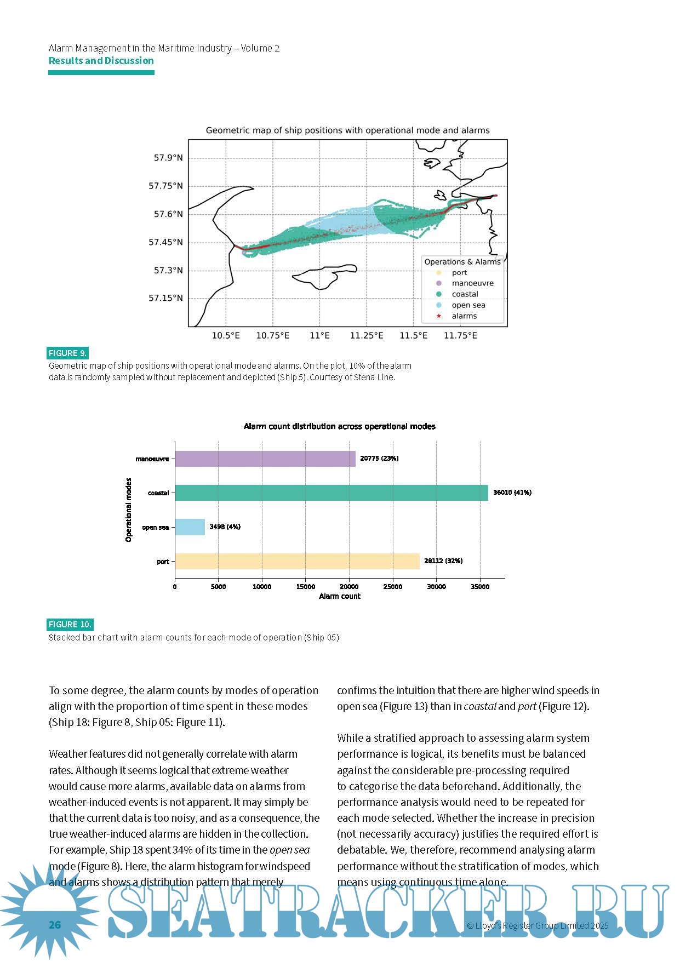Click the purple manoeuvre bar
pyautogui.click(x=265, y=459)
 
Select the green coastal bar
pyautogui.click(x=332, y=493)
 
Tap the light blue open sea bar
pyautogui.click(x=190, y=527)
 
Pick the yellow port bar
pyautogui.click(x=297, y=561)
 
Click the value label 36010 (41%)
pyautogui.click(x=512, y=493)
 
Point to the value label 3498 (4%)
pyautogui.click(x=225, y=527)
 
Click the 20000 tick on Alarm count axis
pyautogui.click(x=349, y=587)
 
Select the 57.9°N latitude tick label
pyautogui.click(x=168, y=158)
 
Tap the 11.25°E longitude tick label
pyautogui.click(x=366, y=335)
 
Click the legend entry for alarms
pyautogui.click(x=464, y=316)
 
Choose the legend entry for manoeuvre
pyautogui.click(x=472, y=283)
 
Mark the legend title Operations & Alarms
pyautogui.click(x=462, y=262)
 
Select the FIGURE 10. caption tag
pyautogui.click(x=70, y=625)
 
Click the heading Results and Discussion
pyautogui.click(x=101, y=61)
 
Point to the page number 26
pyautogui.click(x=55, y=925)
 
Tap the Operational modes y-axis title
pyautogui.click(x=129, y=510)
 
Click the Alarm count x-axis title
pyautogui.click(x=340, y=596)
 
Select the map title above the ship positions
pyautogui.click(x=347, y=130)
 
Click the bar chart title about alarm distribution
pyautogui.click(x=339, y=426)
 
